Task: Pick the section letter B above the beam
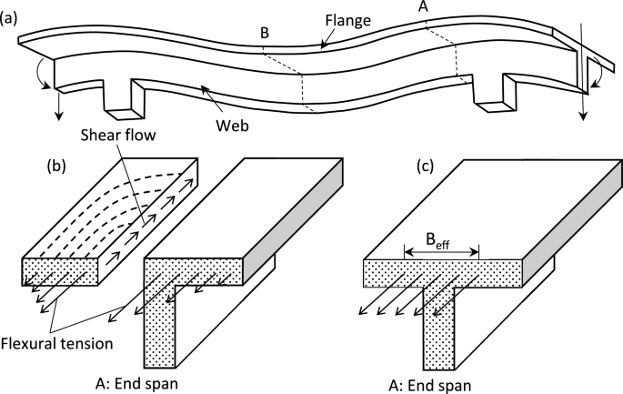tap(264, 33)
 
